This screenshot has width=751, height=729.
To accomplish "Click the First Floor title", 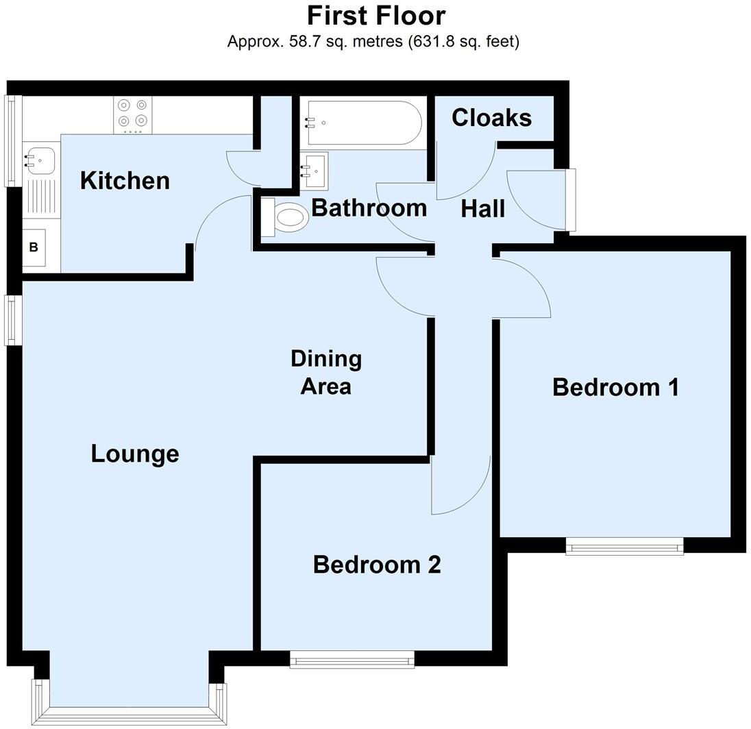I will pos(375,15).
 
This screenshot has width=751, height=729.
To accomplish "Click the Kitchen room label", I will pos(125,181).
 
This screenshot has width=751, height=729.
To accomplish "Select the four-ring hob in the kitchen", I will pos(132,114).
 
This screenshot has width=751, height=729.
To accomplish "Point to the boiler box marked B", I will pos(34,247).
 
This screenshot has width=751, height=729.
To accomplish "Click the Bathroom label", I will pos(369,208).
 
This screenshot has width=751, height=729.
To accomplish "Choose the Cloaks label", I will pos(491,118).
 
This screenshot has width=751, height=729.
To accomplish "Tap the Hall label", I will pos(482,208).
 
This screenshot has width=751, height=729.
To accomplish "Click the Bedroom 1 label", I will pos(615,387).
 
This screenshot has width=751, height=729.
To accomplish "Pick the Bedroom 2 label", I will pos(376,565).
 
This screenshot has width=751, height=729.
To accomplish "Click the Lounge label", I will pos(135,454).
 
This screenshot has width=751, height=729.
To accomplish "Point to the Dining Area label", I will pos(326,372).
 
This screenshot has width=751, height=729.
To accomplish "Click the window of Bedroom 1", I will pos(624,545).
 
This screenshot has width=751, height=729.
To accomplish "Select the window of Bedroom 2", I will pos(352,660).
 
